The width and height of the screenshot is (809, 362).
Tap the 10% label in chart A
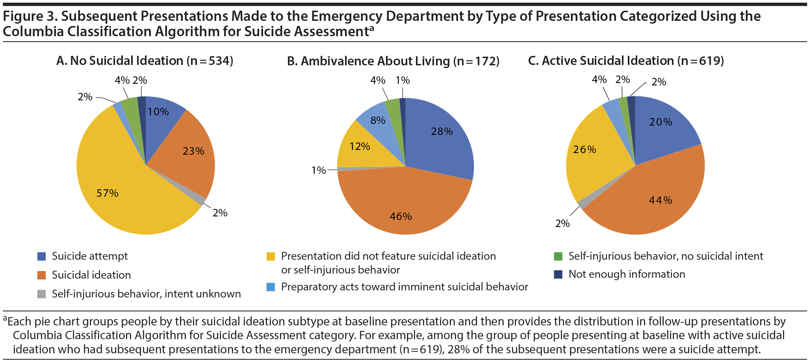pyautogui.click(x=158, y=112)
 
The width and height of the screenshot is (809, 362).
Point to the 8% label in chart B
pyautogui.click(x=378, y=120)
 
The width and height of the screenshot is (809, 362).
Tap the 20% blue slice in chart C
pyautogui.click(x=662, y=126)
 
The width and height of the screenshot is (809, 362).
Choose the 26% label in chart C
pyautogui.click(x=584, y=150)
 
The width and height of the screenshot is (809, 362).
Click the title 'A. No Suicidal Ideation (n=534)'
pyautogui.click(x=145, y=61)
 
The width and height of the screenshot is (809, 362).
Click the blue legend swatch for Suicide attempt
pyautogui.click(x=41, y=257)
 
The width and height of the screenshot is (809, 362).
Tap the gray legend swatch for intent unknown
pyautogui.click(x=41, y=294)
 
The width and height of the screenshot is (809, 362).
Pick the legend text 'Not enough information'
pyautogui.click(x=627, y=274)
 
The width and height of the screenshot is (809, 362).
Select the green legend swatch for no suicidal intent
pyautogui.click(x=558, y=257)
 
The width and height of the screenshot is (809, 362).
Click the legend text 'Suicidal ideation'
pyautogui.click(x=91, y=275)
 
